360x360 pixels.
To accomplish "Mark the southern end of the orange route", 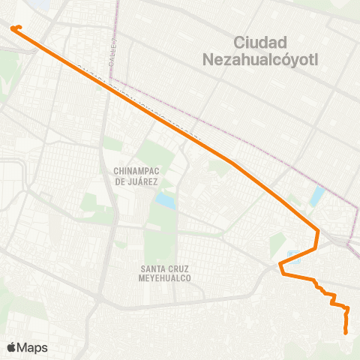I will coord(346,332).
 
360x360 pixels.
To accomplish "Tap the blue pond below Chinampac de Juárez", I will coord(164,200).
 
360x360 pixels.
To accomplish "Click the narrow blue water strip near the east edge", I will coord(316,196).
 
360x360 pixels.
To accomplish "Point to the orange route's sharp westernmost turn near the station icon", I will coord(280,265).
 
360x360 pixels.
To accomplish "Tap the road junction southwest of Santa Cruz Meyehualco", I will coord(98,298).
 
